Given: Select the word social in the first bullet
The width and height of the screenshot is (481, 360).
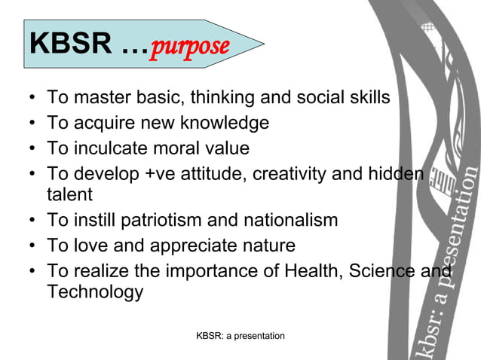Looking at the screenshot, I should pyautogui.click(x=308, y=97).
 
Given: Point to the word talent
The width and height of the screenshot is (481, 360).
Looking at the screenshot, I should pyautogui.click(x=69, y=194).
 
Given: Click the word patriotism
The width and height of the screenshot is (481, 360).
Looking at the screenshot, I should pyautogui.click(x=171, y=220).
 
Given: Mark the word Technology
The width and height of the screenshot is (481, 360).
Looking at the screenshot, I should pyautogui.click(x=95, y=292).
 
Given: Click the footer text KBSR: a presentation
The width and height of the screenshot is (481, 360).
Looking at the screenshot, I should pyautogui.click(x=240, y=336).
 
